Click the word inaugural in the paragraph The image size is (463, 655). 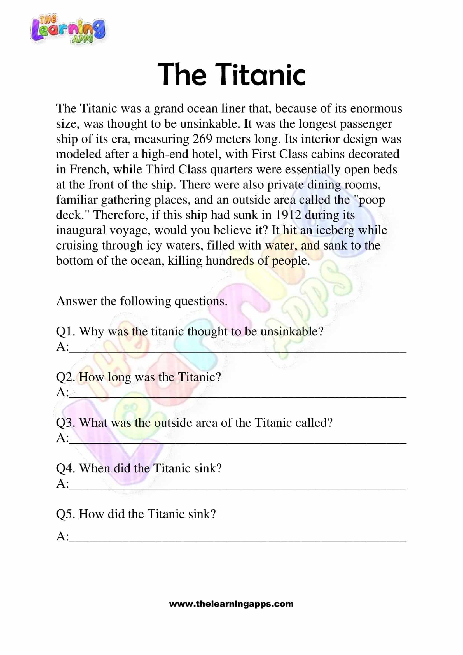click(81, 230)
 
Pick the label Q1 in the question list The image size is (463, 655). click(65, 332)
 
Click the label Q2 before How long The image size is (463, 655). click(65, 377)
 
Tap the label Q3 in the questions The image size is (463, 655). click(65, 423)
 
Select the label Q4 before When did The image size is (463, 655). click(65, 468)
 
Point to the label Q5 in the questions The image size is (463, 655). click(65, 514)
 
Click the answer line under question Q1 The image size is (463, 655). click(238, 351)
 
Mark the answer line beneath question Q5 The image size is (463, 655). click(238, 541)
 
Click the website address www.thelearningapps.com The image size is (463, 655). click(231, 604)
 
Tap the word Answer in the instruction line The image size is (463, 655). click(76, 301)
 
